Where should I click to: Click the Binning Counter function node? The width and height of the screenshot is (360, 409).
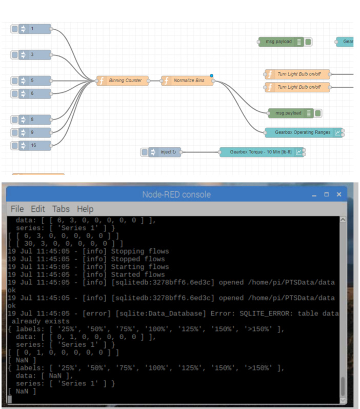click(123, 81)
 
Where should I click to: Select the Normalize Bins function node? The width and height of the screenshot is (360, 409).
click(187, 81)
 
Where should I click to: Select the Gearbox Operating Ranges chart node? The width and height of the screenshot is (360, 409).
click(304, 132)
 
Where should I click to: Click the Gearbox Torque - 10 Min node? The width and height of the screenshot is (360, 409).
click(262, 152)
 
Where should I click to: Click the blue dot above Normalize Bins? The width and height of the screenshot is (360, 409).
click(212, 75)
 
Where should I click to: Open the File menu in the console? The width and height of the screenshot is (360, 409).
click(17, 209)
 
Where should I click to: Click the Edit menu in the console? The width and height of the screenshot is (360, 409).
click(38, 209)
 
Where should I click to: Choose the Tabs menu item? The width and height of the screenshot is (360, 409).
click(61, 209)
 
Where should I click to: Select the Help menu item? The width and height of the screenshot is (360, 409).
click(85, 209)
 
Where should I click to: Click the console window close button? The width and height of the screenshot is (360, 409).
click(339, 194)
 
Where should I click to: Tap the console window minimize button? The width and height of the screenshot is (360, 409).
click(314, 195)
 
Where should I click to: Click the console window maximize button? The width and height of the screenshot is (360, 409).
click(326, 194)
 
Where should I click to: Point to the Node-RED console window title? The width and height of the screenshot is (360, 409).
click(176, 194)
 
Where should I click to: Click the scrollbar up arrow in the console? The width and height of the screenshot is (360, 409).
click(343, 220)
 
